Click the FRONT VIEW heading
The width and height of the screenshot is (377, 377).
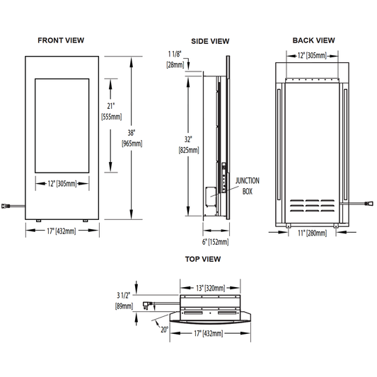pos(61,40)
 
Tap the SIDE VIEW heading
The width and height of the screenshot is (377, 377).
pos(210,41)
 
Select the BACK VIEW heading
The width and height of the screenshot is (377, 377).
pos(313,40)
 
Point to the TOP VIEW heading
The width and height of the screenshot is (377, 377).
pos(203,259)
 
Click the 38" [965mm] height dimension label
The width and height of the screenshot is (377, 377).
pos(132,138)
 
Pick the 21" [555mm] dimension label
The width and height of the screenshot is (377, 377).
pos(111,111)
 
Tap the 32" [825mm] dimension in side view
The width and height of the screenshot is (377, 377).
pos(189,145)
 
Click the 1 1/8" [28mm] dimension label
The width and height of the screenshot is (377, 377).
pos(175,59)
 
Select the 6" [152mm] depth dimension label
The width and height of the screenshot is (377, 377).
pos(216,242)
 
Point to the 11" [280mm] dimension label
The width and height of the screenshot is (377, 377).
pos(312,233)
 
